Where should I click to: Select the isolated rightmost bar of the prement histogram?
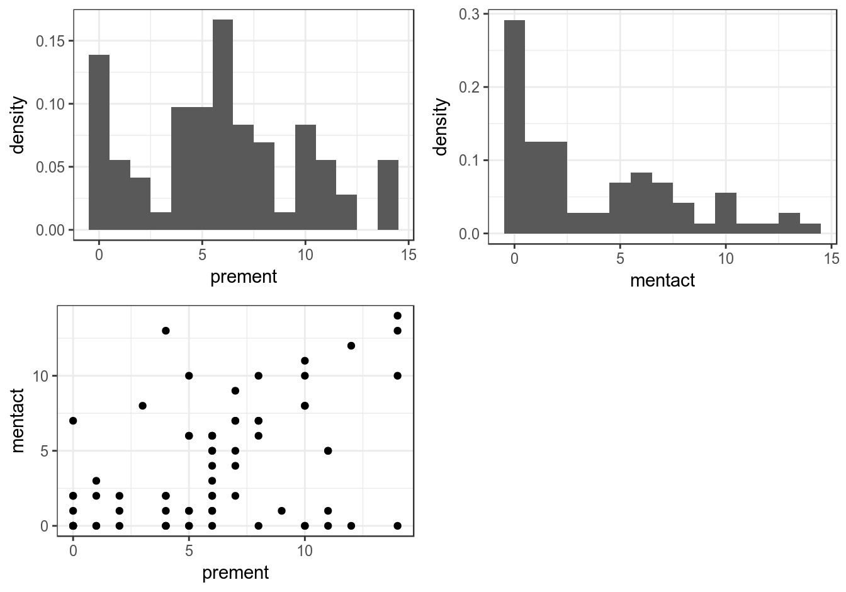pos(388,195)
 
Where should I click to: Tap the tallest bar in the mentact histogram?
pos(514,127)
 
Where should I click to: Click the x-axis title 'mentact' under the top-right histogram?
pos(662,280)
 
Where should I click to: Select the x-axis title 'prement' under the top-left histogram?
pos(244,276)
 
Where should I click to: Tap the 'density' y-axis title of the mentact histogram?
pos(441,127)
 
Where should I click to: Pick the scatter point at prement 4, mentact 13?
pos(166,331)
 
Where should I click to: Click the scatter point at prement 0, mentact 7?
pos(73,421)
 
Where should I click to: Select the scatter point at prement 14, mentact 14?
pos(397,316)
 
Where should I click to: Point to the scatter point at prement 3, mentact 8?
pos(142,406)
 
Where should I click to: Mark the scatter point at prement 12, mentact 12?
pos(351,346)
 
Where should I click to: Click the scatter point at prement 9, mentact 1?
pos(281,511)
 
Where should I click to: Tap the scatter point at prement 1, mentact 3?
pos(96,481)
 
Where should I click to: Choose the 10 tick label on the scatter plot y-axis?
pos(40,376)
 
